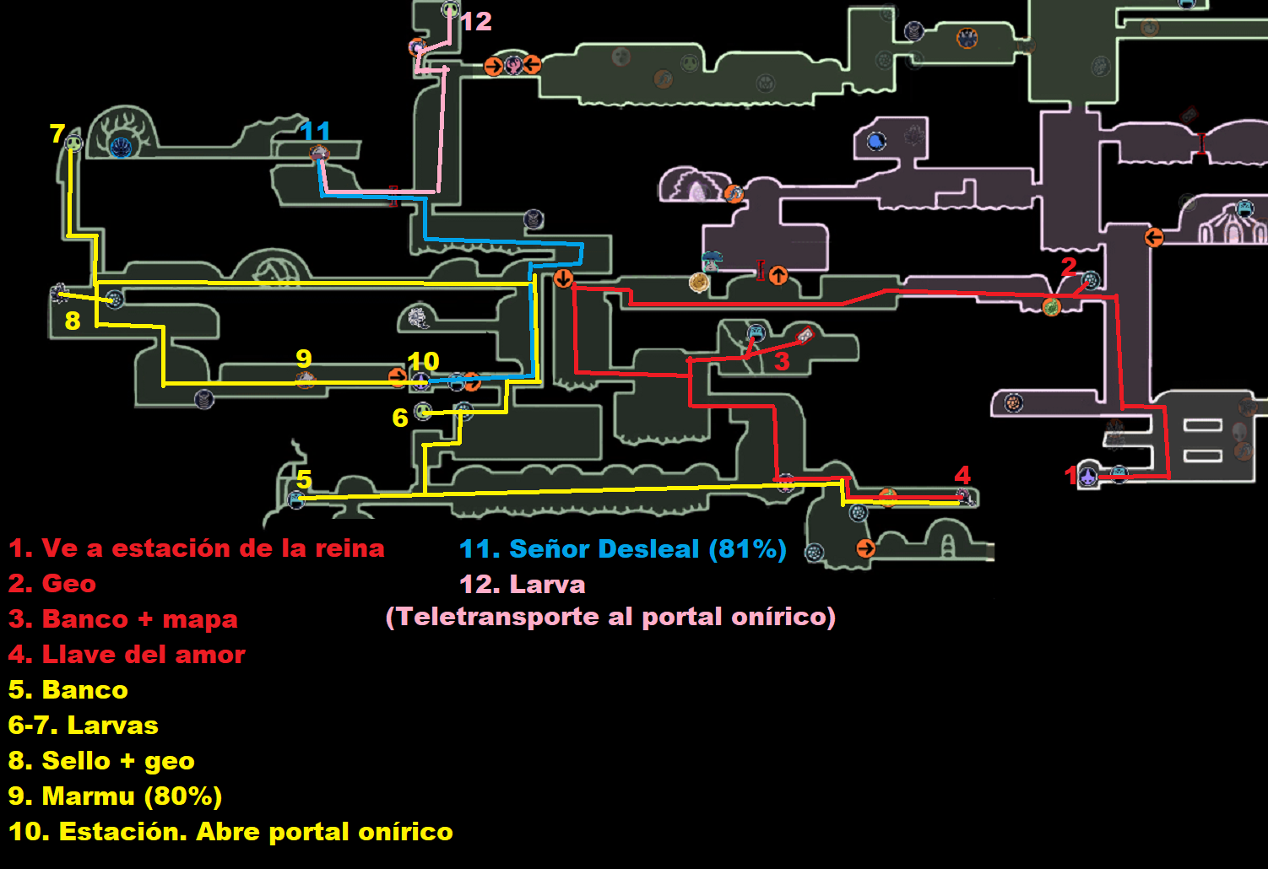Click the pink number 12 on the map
coord(476,21)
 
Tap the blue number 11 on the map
coord(315,132)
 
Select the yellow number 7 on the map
coord(57,133)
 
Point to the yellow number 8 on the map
coord(73,321)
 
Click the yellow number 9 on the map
coord(304,359)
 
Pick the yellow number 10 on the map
coord(423,361)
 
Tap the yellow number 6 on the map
coord(400,418)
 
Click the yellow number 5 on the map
coord(304,479)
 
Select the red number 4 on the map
coord(962,475)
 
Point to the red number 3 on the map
coord(782,362)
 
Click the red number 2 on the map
coord(1069,267)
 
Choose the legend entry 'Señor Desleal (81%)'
coord(623,549)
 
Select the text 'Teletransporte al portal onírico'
coord(610,617)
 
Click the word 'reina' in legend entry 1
coord(350,548)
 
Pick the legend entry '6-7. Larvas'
coord(84,726)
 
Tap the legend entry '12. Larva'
coord(522,585)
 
